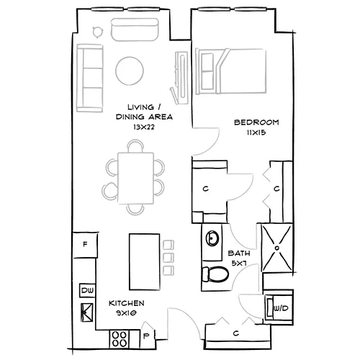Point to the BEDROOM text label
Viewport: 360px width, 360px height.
click(x=257, y=123)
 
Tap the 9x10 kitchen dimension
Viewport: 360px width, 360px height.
click(x=125, y=313)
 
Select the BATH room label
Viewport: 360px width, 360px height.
click(x=239, y=254)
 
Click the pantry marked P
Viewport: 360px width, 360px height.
click(x=147, y=335)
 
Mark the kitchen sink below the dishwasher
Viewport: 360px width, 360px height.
click(x=87, y=311)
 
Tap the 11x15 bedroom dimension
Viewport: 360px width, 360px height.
click(x=257, y=133)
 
